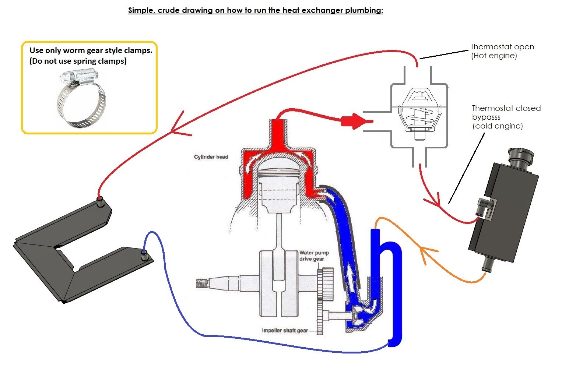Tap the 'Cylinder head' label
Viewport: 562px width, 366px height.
pyautogui.click(x=211, y=157)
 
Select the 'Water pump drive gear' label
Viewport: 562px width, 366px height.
pyautogui.click(x=314, y=256)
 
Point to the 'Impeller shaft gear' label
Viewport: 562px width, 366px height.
pyautogui.click(x=285, y=330)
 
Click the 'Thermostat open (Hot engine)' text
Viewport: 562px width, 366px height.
pyautogui.click(x=502, y=51)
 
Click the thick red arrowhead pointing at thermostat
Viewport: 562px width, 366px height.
pyautogui.click(x=354, y=121)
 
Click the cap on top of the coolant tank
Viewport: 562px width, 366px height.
pyautogui.click(x=520, y=156)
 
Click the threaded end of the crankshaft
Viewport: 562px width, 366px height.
pyautogui.click(x=203, y=284)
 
